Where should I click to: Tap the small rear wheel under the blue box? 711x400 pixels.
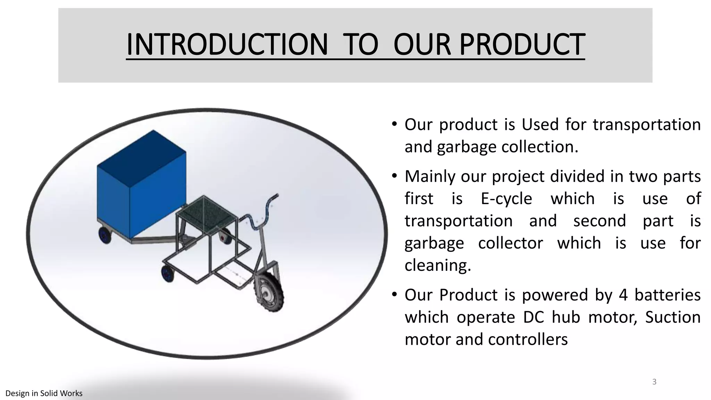(x=104, y=235)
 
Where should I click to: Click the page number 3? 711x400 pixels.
(x=654, y=382)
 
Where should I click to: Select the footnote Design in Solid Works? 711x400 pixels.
(x=44, y=393)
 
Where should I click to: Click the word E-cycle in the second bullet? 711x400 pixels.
(x=506, y=199)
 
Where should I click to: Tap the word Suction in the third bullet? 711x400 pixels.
(x=672, y=317)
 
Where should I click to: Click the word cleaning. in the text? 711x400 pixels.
(x=438, y=266)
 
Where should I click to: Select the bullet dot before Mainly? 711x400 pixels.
(x=394, y=176)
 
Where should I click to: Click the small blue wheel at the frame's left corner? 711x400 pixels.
(x=168, y=273)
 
